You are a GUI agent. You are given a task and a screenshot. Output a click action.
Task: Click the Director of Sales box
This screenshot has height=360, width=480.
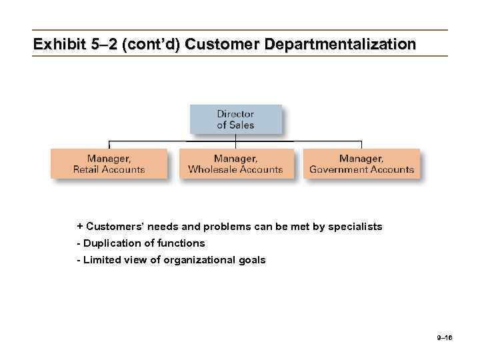click(235, 119)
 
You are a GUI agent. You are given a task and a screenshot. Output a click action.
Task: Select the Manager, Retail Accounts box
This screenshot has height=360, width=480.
click(109, 163)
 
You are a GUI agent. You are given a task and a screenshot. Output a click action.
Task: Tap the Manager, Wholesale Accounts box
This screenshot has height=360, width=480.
click(235, 163)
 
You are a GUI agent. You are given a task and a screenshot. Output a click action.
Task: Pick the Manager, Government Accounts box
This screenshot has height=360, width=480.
click(361, 163)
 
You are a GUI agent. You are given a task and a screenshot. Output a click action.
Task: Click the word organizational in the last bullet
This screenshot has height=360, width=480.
click(203, 260)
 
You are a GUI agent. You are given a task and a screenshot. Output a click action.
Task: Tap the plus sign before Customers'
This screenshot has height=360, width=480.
click(79, 227)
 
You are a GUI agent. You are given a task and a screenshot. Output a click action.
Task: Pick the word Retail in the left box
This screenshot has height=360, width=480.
click(86, 169)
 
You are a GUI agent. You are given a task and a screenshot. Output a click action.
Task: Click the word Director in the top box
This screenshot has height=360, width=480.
click(235, 114)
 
